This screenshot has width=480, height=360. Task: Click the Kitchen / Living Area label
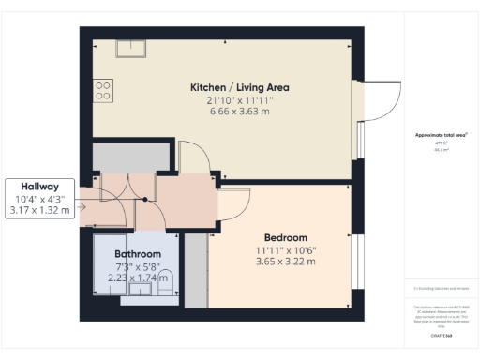click(239, 87)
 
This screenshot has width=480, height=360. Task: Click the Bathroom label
click(138, 254)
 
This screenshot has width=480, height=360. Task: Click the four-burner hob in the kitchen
click(103, 90)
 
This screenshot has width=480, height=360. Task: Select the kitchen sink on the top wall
click(130, 49)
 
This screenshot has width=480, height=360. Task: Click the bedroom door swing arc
click(234, 201)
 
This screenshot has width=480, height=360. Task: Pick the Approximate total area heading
click(436, 135)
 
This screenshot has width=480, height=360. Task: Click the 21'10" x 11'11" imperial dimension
click(239, 100)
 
